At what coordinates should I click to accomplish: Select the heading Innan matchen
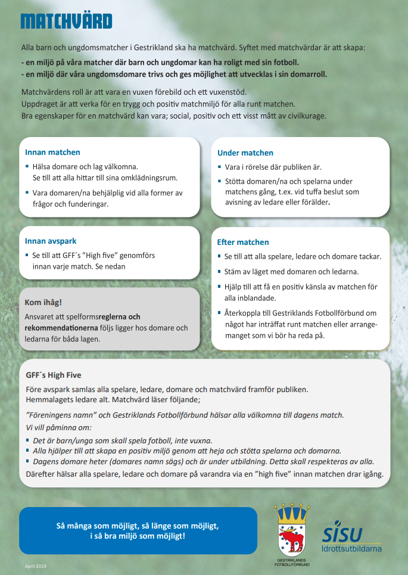pos(52,153)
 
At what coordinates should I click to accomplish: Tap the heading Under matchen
pos(245,153)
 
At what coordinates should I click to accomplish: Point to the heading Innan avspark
pos(51,241)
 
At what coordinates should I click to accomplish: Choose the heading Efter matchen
pos(243,243)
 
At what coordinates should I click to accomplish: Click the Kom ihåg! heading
pos(42,303)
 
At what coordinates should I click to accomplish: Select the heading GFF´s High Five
pos(54,375)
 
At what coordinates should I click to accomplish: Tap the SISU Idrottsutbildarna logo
pos(351,534)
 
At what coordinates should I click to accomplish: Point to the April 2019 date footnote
pos(35,564)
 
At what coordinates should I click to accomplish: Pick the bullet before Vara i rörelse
pos(220,167)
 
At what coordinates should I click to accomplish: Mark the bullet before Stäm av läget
pos(220,272)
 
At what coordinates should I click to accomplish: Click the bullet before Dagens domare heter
pos(28,462)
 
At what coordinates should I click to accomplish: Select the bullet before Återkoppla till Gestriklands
pos(220,313)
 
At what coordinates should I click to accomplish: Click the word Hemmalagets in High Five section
pos(47,400)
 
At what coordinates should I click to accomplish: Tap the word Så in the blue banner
pos(60,526)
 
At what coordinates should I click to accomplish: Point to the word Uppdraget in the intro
pos(39,104)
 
